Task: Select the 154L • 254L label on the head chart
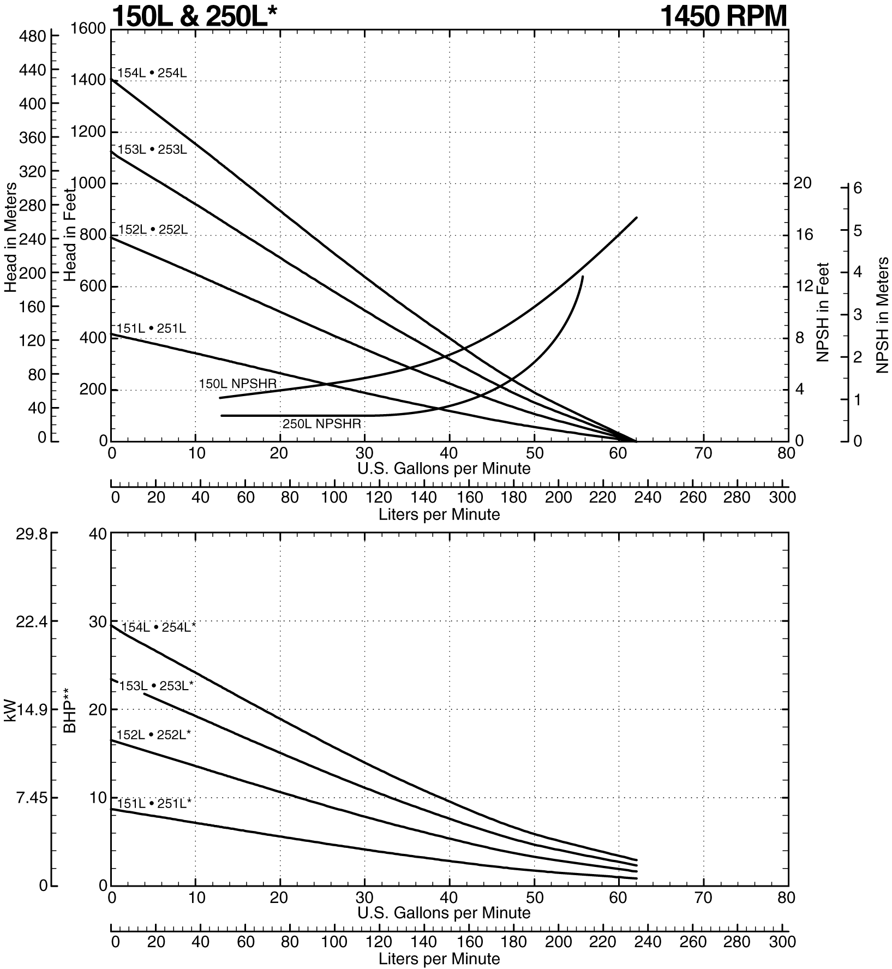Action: click(152, 73)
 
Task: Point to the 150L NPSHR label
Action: click(238, 384)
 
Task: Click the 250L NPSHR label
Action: click(321, 424)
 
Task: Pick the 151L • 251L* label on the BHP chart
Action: click(154, 804)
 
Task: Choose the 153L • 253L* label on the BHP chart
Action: click(157, 686)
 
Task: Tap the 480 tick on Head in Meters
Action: click(33, 37)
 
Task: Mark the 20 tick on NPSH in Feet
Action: click(803, 183)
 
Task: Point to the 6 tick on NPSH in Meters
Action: click(857, 188)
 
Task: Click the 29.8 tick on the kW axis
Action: click(33, 534)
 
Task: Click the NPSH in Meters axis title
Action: click(882, 315)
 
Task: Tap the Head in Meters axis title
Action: click(10, 237)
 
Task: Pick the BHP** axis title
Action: click(70, 710)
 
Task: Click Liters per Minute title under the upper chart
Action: click(439, 515)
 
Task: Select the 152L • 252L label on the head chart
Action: click(153, 230)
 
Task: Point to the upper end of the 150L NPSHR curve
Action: click(636, 218)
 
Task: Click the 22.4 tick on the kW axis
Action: click(33, 622)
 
